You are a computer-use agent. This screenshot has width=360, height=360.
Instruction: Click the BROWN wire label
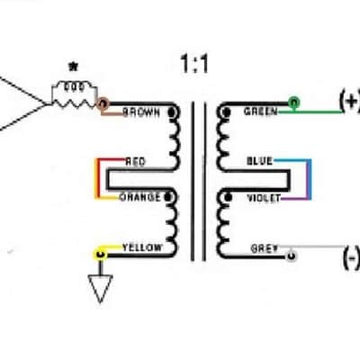pos(141,112)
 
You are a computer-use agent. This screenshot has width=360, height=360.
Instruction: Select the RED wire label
pos(135,162)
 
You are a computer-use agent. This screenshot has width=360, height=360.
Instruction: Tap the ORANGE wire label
pos(140,197)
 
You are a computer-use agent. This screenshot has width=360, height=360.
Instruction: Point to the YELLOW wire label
pos(142,247)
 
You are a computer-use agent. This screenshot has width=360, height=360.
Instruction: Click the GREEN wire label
pos(261,112)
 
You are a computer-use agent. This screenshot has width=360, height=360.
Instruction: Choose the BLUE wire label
pos(259,161)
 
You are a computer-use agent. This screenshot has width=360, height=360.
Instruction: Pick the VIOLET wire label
pos(264,198)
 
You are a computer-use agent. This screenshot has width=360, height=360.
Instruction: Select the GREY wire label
pos(265,248)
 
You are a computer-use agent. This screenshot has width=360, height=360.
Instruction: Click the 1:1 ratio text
pos(194,64)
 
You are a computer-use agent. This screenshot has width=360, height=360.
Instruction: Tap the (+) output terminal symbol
pos(349,102)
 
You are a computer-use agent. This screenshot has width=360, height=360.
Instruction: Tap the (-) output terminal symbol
pos(351,257)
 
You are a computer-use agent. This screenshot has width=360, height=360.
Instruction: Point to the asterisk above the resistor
pos(73,67)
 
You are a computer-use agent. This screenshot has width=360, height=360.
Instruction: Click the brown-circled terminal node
pos(103,104)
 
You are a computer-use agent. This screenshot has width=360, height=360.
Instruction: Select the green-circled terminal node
pos(294,103)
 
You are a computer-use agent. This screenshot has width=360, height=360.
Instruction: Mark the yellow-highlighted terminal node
pos(101,255)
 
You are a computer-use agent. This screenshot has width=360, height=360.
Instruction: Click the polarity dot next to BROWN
pos(172,112)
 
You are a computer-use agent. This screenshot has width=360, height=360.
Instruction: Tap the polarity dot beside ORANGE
pos(167,197)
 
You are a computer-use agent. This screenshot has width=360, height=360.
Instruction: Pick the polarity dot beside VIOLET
pos(229,197)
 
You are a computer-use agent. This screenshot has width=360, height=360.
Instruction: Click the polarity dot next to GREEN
pos(227,112)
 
